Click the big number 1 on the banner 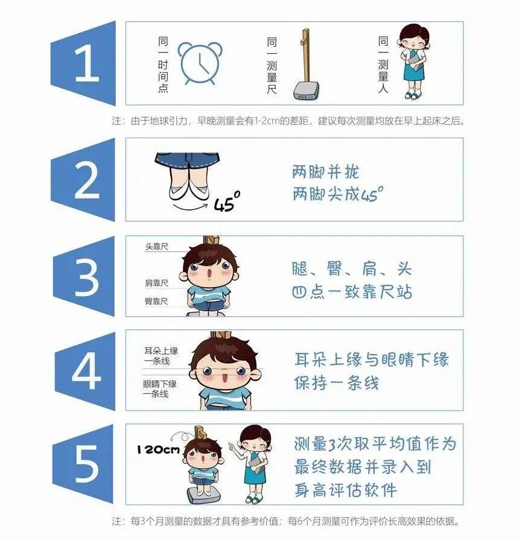(x=87, y=63)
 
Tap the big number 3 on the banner (x=87, y=276)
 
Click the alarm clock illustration (x=200, y=63)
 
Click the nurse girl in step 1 (x=413, y=62)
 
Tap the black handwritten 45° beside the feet (x=227, y=201)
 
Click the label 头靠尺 (x=156, y=247)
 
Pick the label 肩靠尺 (x=156, y=283)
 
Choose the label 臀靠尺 (x=156, y=302)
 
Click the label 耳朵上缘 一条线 (x=161, y=356)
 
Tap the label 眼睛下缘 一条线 (x=160, y=389)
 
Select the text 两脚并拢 (x=325, y=171)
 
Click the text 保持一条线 (x=337, y=382)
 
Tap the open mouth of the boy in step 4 (x=224, y=377)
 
